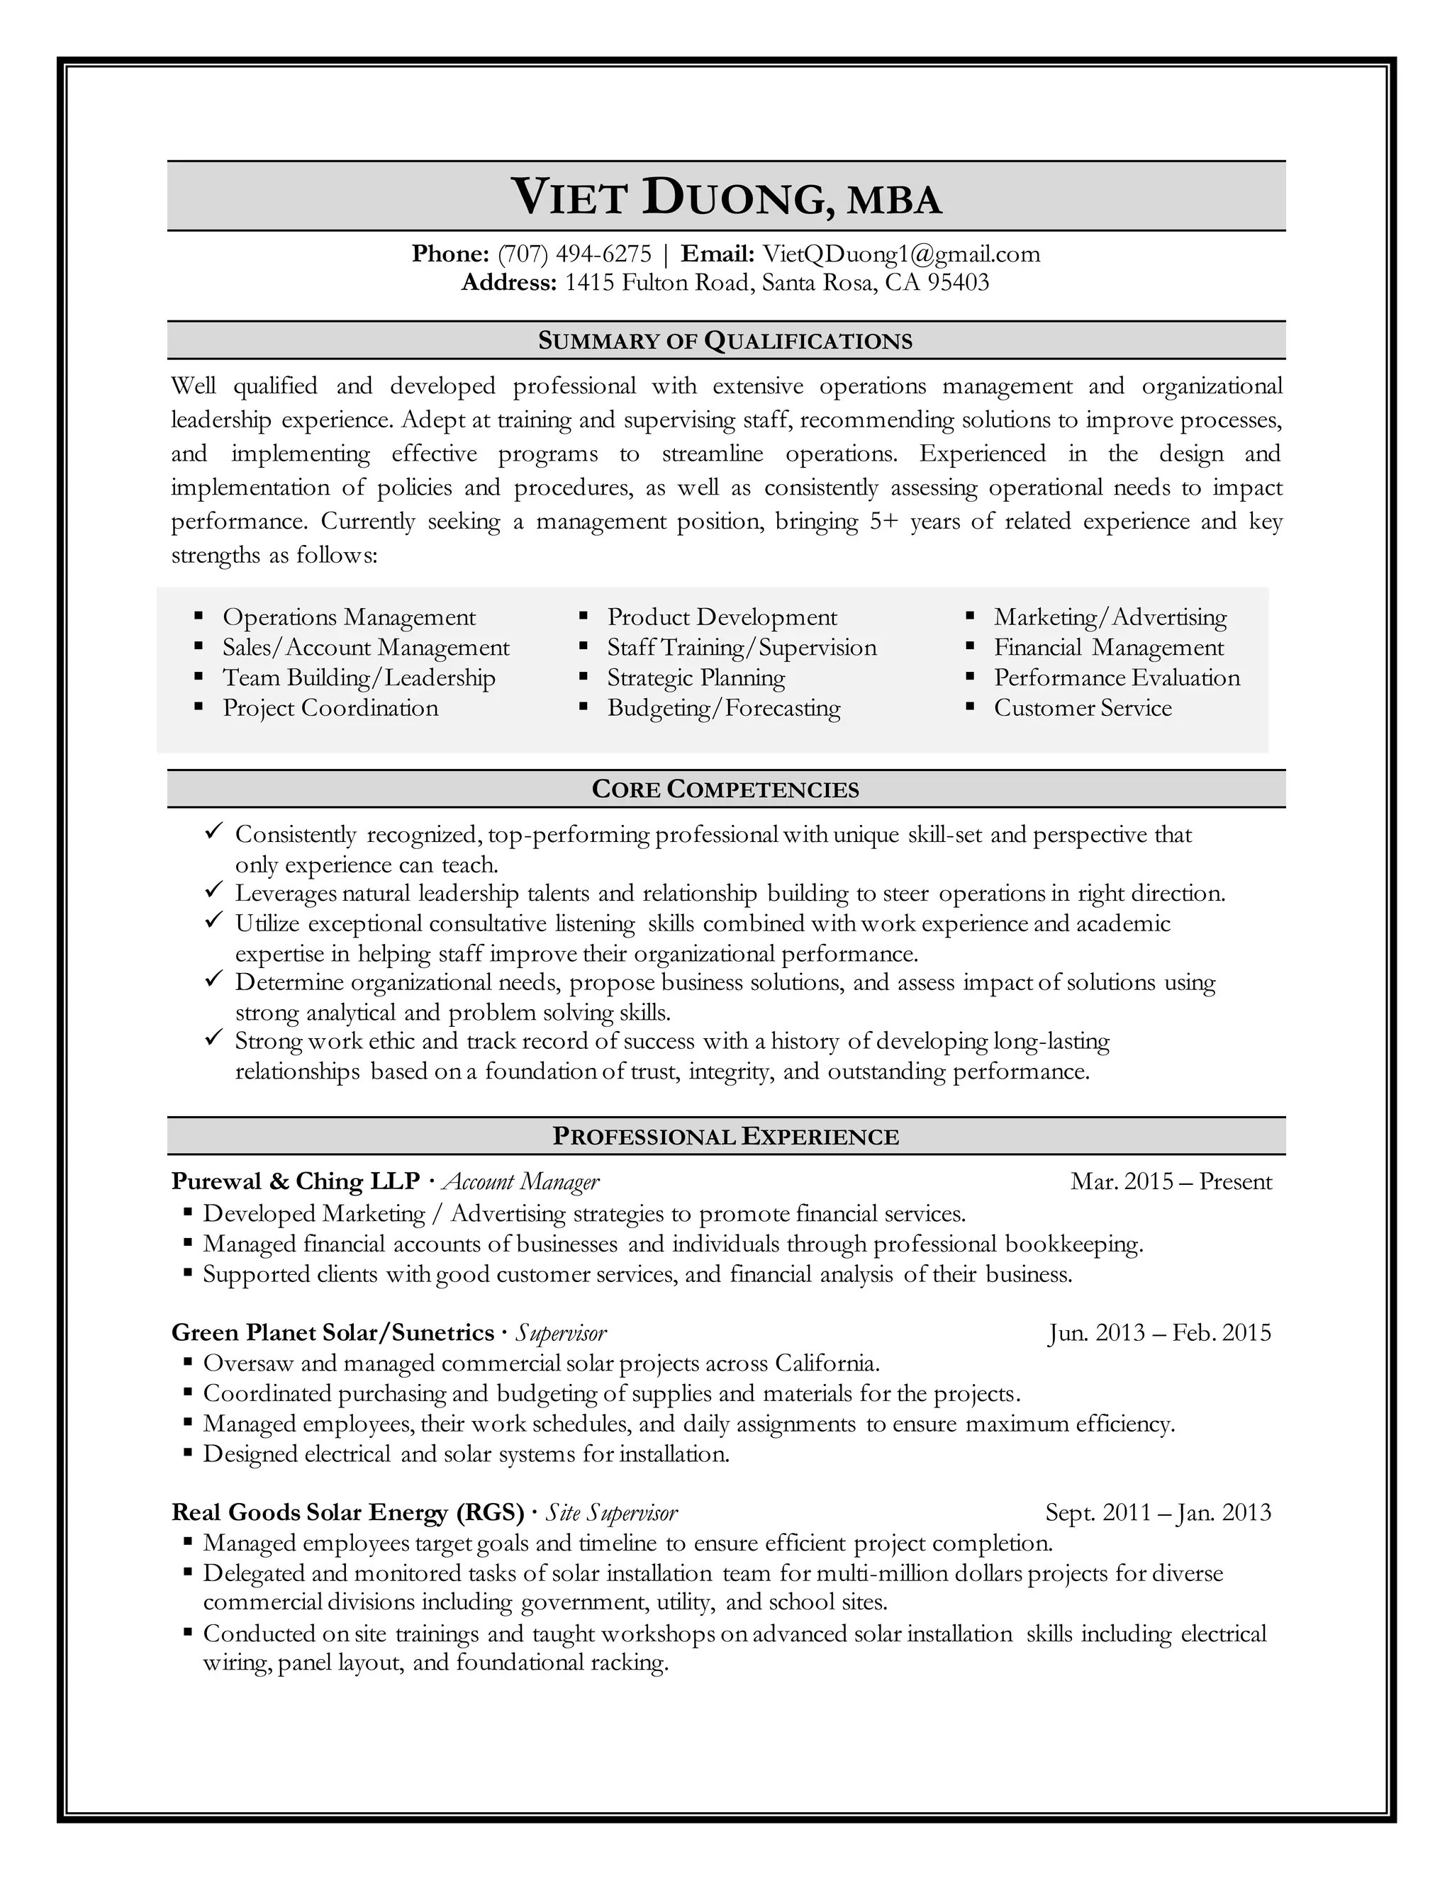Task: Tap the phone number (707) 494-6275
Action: point(574,254)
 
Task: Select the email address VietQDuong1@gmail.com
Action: point(902,254)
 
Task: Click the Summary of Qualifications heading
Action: point(725,342)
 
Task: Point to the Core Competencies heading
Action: point(725,789)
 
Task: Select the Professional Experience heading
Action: point(725,1137)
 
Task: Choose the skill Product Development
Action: point(722,617)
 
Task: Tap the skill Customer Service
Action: point(1082,709)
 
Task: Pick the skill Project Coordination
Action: point(330,709)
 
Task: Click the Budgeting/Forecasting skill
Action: point(723,709)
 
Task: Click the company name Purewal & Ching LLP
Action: point(295,1181)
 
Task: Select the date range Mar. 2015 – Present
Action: point(1171,1181)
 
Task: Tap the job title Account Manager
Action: point(520,1182)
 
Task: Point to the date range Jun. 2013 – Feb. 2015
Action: point(1158,1333)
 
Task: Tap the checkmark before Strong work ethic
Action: point(213,1039)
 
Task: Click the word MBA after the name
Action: point(895,201)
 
